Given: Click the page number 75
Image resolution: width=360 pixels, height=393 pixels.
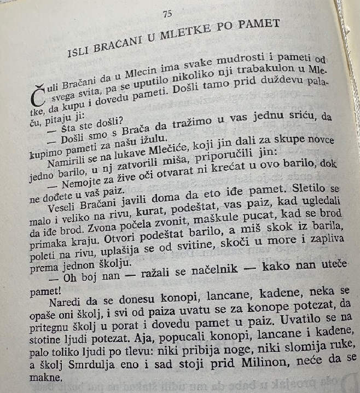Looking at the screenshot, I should click(x=167, y=14).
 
